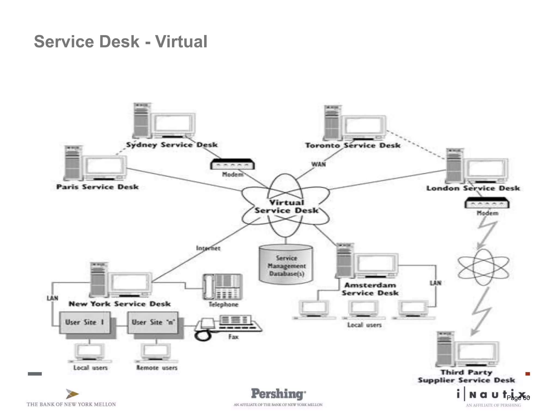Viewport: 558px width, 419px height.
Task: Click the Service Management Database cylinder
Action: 286,264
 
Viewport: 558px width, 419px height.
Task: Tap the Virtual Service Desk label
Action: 286,207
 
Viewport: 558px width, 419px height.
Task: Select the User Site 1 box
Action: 85,322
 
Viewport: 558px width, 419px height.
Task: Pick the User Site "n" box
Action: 153,322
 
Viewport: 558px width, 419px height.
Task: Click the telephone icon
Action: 222,287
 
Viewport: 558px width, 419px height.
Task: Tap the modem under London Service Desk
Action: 487,203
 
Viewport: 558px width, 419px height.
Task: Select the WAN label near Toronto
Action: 319,164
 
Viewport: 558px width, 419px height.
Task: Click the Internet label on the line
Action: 208,248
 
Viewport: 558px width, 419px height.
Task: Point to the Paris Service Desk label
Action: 98,187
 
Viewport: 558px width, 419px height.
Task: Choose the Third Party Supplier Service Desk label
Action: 466,376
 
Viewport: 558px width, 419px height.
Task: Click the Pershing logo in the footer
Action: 278,394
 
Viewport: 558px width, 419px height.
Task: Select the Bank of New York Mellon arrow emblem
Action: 72,394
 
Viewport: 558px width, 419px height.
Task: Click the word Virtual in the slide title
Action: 181,42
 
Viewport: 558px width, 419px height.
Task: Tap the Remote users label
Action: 157,368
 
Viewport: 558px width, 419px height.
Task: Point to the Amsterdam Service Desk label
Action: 370,289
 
